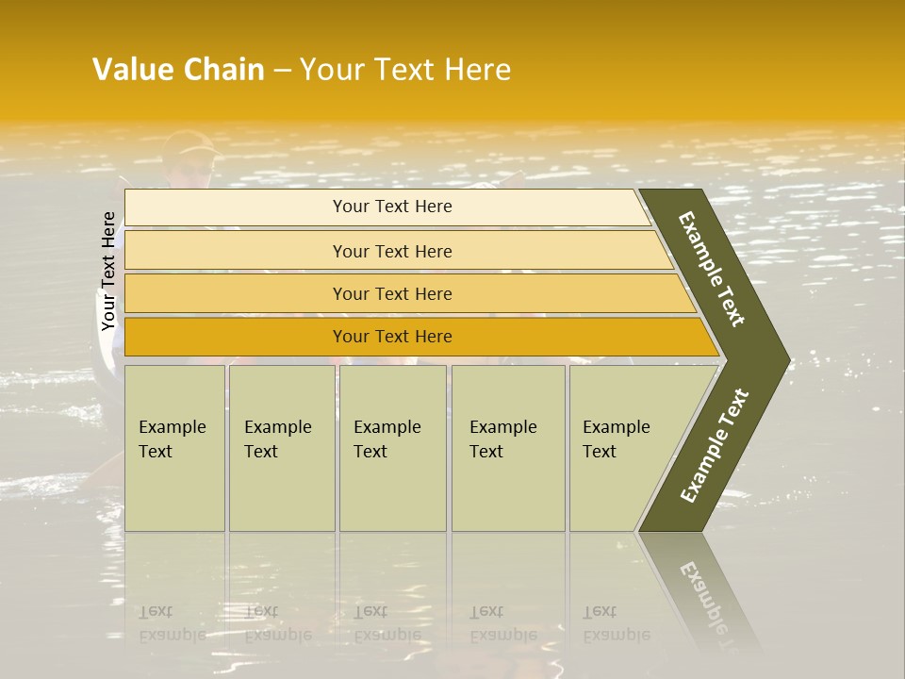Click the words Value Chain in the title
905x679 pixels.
coord(178,70)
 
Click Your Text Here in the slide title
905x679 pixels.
coord(405,70)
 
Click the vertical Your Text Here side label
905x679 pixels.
coord(108,271)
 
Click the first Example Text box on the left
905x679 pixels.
coord(174,448)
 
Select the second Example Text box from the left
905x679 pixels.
coord(281,448)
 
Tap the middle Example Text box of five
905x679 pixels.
coord(392,448)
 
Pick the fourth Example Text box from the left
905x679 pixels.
coord(508,448)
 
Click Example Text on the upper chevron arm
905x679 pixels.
coord(712,270)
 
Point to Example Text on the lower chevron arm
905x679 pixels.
coord(715,445)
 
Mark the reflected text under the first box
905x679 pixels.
coord(172,623)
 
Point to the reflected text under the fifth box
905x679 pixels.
coord(616,623)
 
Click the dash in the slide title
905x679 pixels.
coord(281,71)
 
